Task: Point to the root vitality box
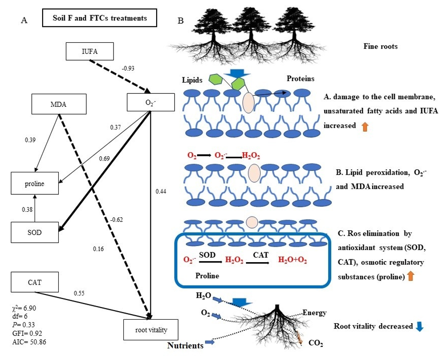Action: [x=151, y=330]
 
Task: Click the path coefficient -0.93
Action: [x=128, y=69]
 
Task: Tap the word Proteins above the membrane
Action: [x=300, y=79]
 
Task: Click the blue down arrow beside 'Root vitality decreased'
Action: [x=420, y=327]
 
